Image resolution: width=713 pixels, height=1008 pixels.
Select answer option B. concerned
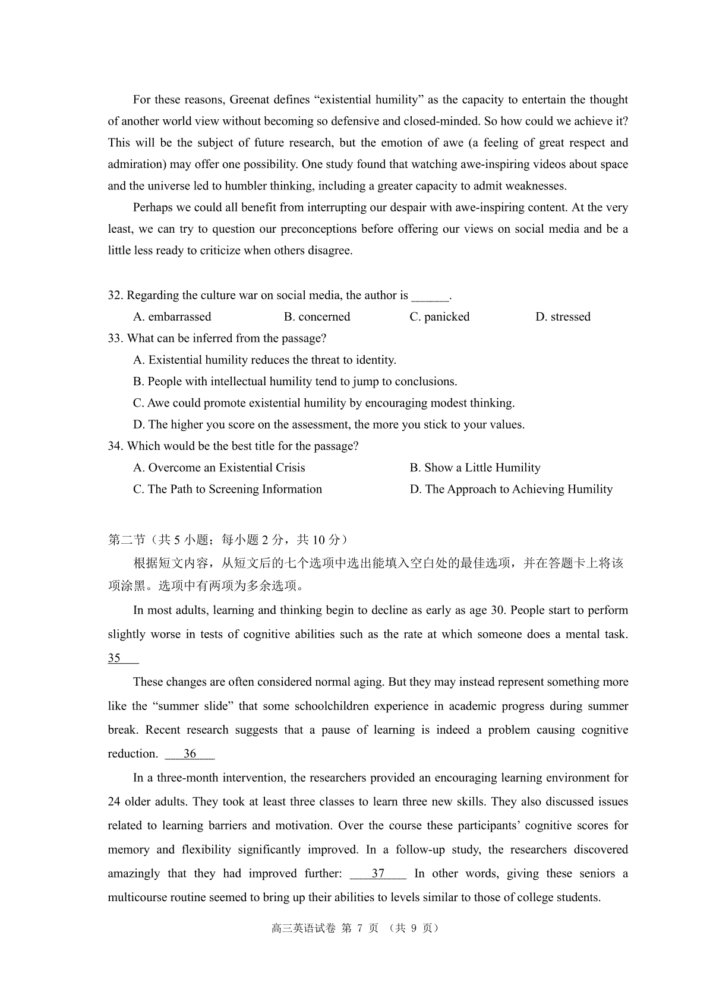[x=317, y=317]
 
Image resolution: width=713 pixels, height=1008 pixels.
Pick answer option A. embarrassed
[x=172, y=317]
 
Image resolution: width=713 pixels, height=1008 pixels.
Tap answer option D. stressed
[x=563, y=317]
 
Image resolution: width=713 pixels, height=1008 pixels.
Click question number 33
[x=115, y=338]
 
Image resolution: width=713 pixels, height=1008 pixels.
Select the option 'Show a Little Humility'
[x=475, y=468]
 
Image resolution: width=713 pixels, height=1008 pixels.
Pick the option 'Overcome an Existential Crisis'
[x=219, y=468]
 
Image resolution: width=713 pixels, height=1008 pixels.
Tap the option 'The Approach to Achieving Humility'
[x=511, y=489]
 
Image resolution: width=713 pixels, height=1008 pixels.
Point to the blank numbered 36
[x=190, y=754]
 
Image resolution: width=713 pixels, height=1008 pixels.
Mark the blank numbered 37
[x=378, y=874]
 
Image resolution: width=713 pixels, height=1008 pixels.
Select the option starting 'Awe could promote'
[x=324, y=403]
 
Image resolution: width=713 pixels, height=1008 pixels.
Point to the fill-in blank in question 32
[x=430, y=296]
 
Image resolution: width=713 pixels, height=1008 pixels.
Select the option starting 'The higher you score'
[x=329, y=424]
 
